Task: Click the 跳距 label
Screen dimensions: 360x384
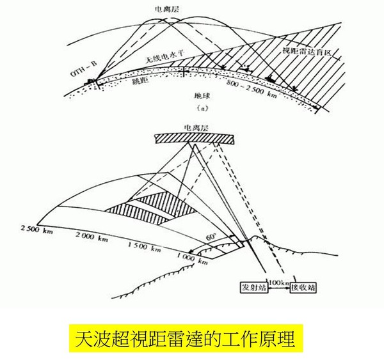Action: click(x=121, y=83)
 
